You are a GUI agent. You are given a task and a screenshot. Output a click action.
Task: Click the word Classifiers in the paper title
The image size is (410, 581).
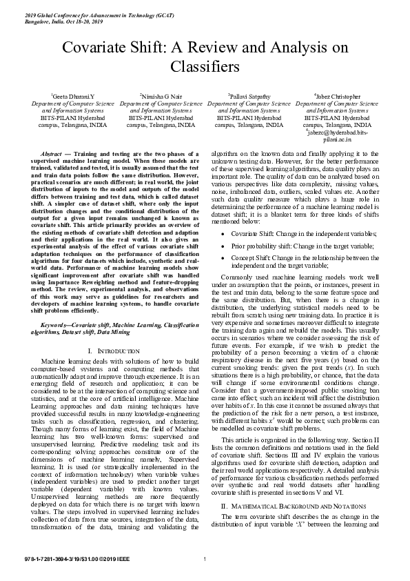point(205,67)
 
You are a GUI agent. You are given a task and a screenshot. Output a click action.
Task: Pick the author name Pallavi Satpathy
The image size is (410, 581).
point(249,97)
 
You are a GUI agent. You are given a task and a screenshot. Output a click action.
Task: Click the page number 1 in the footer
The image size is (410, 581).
point(205,558)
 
